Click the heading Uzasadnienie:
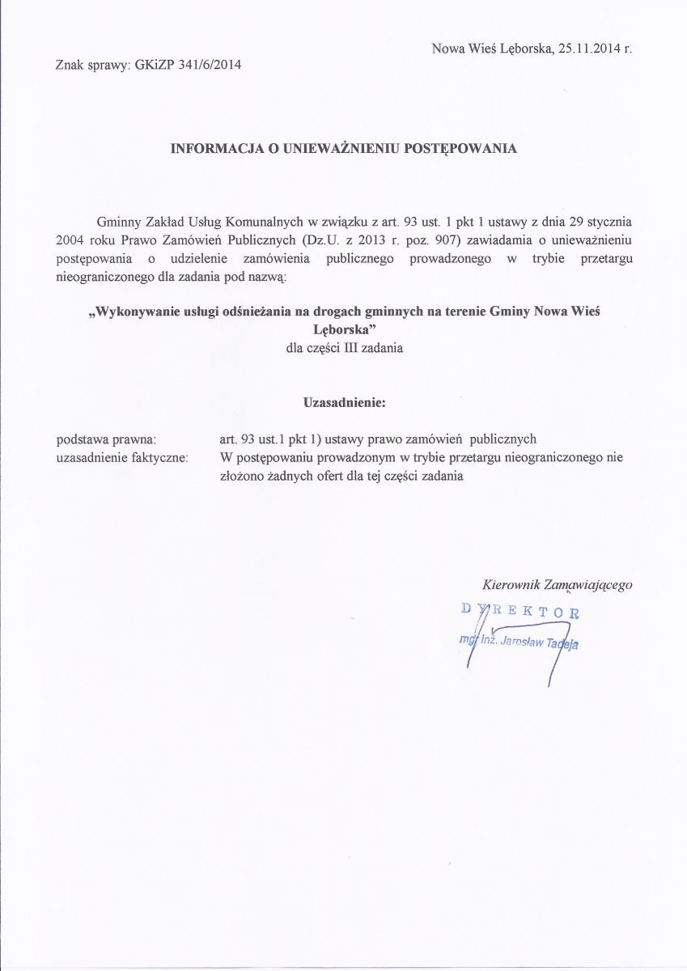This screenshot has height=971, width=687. (343, 402)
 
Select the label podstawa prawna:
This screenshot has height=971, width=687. (105, 439)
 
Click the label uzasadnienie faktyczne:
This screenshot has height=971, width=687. (121, 458)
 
